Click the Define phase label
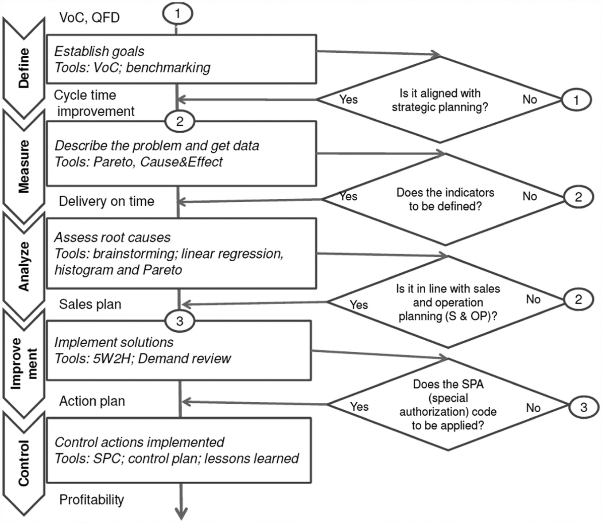tap(24, 68)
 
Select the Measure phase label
tap(24, 166)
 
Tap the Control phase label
tap(24, 463)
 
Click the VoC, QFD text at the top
tap(89, 18)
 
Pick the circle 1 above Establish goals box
tap(178, 14)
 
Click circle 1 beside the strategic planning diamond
tap(576, 100)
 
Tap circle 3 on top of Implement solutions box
tap(179, 321)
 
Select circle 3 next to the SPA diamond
tap(583, 408)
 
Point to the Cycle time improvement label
tap(94, 103)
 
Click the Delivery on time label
tap(106, 201)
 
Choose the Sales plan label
tap(90, 304)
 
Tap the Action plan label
tap(92, 401)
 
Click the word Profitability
tap(92, 499)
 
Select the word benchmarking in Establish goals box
tap(168, 67)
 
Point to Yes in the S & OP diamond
tap(359, 305)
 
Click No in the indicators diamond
tap(530, 196)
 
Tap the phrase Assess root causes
tap(112, 237)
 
